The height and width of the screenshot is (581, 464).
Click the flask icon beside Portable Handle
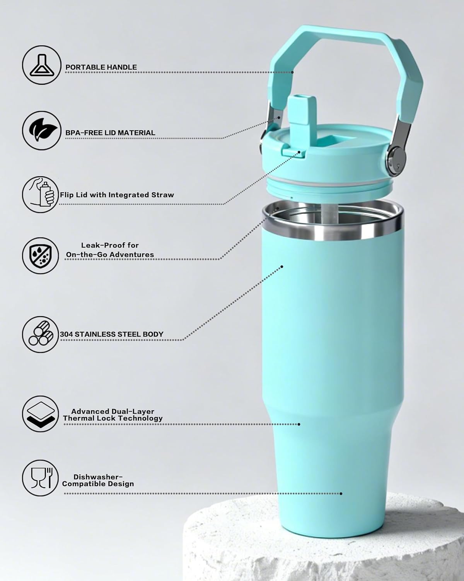point(41,65)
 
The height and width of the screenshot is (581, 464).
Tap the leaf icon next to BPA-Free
point(41,130)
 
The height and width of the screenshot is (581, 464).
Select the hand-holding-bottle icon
point(40,194)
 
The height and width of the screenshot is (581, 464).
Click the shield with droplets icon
point(40,256)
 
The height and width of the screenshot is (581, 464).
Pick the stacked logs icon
point(40,334)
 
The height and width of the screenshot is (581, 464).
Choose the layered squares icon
point(40,414)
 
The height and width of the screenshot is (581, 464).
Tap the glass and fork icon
point(40,478)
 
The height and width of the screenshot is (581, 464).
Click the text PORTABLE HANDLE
point(101,67)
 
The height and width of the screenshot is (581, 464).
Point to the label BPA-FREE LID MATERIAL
point(110,132)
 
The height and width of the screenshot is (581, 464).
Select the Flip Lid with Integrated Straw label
point(117,195)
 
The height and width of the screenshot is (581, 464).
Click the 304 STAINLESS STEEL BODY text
point(111,334)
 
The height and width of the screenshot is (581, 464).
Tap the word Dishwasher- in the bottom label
point(98,477)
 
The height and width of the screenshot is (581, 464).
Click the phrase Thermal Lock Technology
point(113,418)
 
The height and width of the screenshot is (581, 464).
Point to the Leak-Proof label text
point(110,245)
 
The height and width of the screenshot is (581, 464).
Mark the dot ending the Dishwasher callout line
point(341,493)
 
